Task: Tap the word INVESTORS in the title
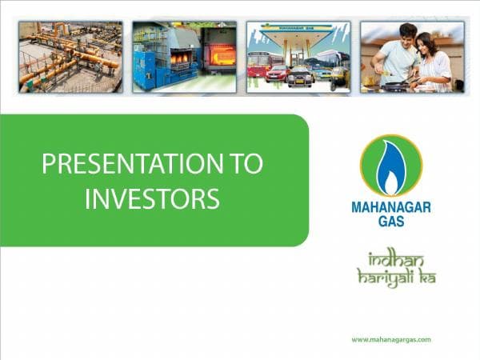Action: point(152,198)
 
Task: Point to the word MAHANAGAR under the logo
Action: point(391,207)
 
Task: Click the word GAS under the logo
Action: point(390,222)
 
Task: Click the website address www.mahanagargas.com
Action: point(391,339)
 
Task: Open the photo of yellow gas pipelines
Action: point(70,57)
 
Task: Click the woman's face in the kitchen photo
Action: point(422,43)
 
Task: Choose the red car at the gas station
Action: point(277,73)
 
